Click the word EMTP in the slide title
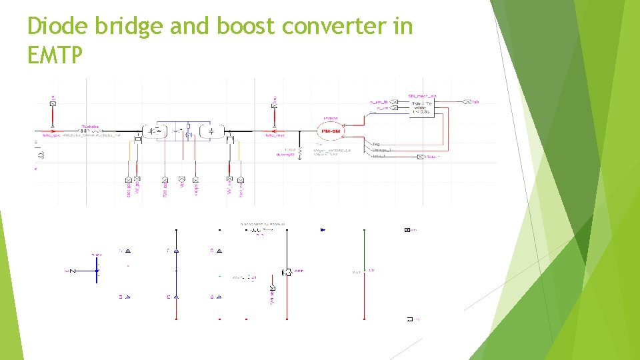coord(55,55)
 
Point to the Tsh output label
coord(475,102)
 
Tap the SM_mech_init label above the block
coord(422,95)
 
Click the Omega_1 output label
coord(381,150)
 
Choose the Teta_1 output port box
coord(420,157)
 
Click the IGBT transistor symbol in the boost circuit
coord(286,272)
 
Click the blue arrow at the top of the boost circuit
coord(323,230)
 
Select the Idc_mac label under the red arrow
coord(275,135)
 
